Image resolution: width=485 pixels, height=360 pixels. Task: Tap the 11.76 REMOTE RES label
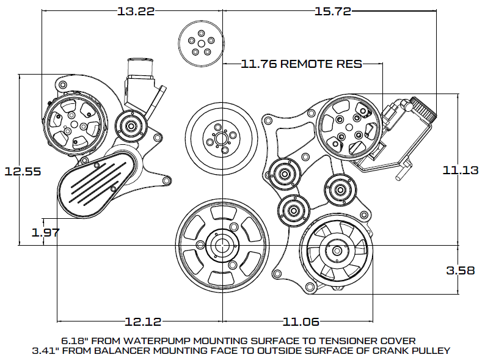pos(302,63)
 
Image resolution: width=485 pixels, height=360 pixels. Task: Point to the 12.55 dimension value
pos(22,172)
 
